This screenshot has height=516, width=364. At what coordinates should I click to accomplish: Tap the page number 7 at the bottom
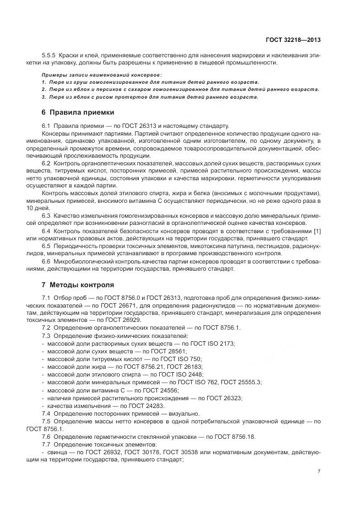(319, 471)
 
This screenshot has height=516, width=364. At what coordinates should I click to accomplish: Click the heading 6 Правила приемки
(78, 112)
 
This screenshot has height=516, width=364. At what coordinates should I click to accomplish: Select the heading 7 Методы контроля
(78, 285)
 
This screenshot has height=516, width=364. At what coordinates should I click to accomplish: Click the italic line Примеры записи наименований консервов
(102, 74)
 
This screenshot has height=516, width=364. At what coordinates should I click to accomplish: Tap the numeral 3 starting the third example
(44, 97)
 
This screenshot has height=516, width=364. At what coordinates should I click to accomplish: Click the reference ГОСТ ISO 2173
(212, 343)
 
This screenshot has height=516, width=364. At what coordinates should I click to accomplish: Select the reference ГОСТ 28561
(167, 351)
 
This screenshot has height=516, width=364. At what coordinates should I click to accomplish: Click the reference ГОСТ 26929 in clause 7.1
(123, 320)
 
